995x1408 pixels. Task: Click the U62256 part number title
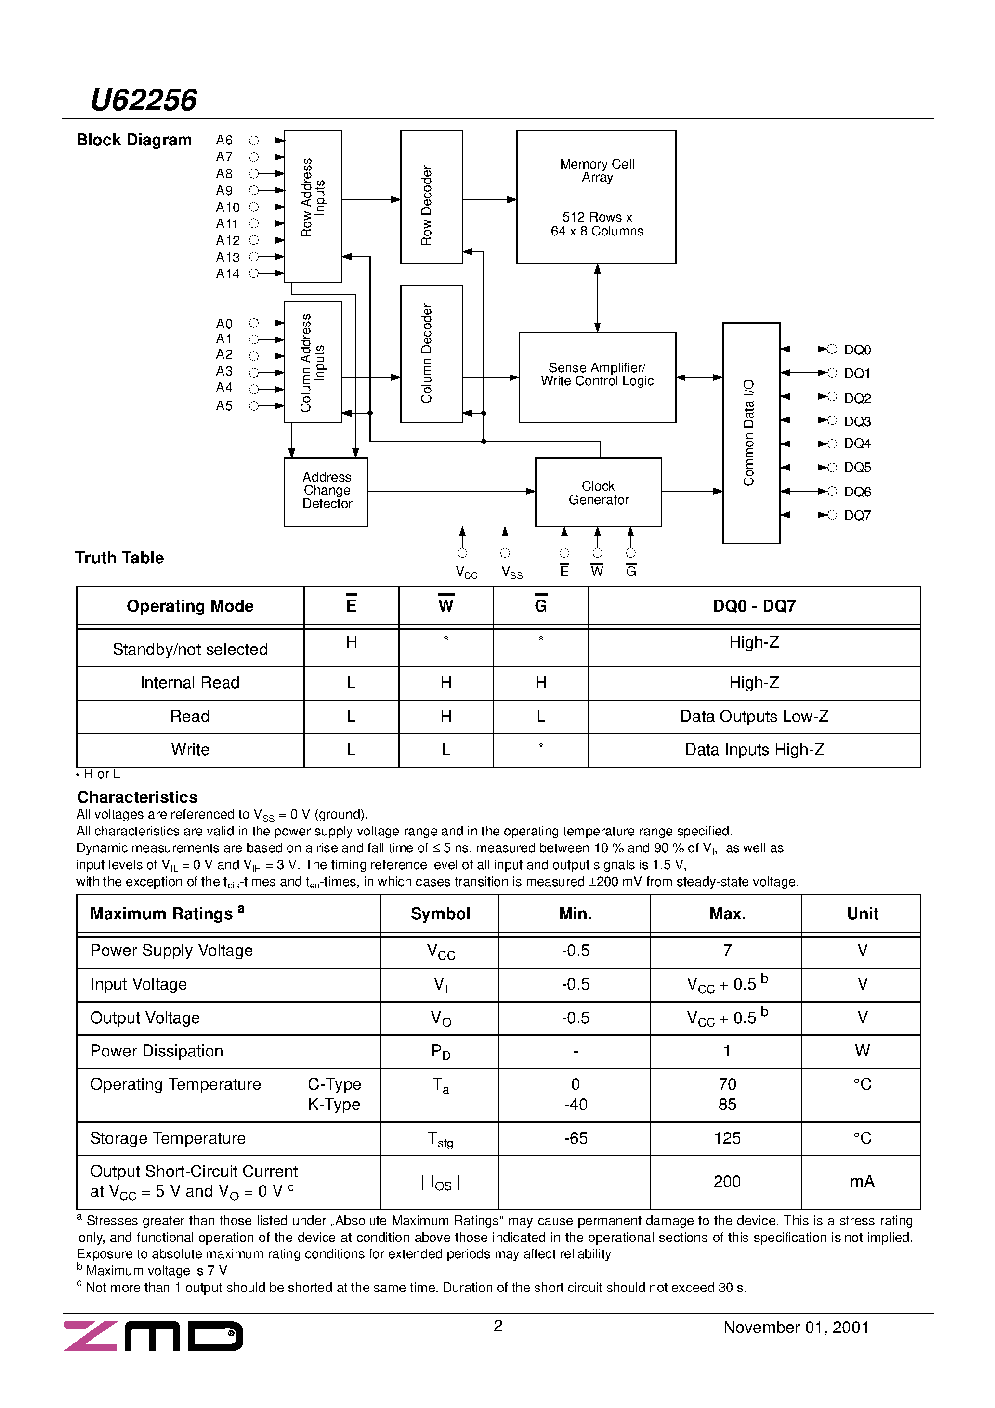pos(144,100)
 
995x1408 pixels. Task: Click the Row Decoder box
pos(431,197)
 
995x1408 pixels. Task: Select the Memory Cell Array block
pos(596,197)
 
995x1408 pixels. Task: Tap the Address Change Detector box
pos(327,491)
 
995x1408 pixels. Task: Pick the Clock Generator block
pos(598,493)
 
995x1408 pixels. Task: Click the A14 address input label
pos(228,274)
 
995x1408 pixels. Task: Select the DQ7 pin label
pos(857,516)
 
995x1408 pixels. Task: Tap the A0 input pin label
pos(224,324)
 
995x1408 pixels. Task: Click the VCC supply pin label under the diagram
pos(466,573)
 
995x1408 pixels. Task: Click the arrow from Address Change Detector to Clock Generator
pos(451,491)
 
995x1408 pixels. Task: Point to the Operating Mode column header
pos(190,606)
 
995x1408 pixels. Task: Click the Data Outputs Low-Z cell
pos(754,716)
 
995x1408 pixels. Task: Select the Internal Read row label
pos(190,682)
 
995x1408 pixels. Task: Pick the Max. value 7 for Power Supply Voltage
pos(727,951)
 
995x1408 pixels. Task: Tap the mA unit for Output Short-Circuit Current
pos(862,1182)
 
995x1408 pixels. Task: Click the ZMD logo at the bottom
pos(153,1336)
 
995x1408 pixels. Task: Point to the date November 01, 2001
pos(796,1328)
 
